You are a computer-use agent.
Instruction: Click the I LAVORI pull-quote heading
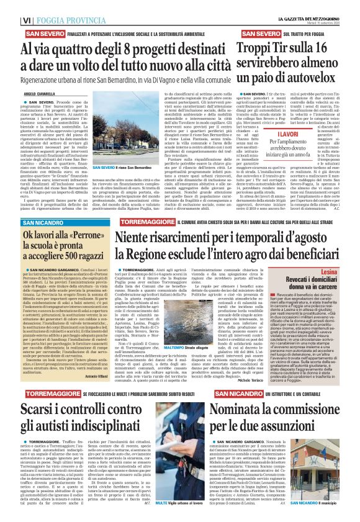274,133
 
